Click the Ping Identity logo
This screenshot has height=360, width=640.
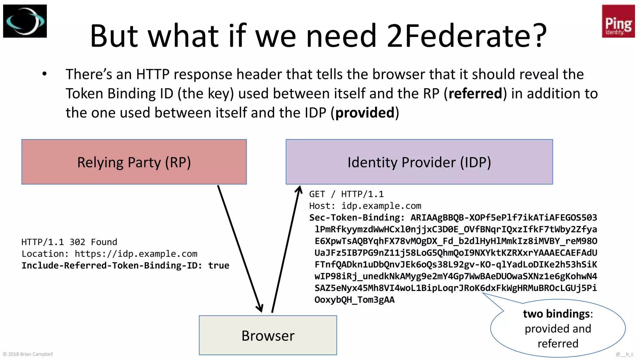click(x=618, y=21)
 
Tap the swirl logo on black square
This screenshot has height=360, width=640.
click(x=25, y=21)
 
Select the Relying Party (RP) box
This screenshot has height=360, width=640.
click(x=134, y=162)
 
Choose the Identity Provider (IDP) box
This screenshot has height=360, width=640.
click(x=419, y=162)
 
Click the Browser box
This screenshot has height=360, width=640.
click(x=268, y=335)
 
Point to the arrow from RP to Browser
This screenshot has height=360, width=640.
click(x=240, y=248)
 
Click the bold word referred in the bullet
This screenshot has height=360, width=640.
click(x=475, y=93)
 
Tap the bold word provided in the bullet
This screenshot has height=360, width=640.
click(x=365, y=113)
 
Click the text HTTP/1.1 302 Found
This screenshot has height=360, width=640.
click(x=69, y=242)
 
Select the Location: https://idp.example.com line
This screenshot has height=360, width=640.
click(x=109, y=254)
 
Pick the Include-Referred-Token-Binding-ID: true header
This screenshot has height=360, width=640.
click(x=125, y=266)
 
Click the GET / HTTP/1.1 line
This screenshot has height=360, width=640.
click(x=346, y=194)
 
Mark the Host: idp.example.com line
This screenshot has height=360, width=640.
click(x=365, y=206)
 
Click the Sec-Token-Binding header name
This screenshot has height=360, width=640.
click(x=355, y=218)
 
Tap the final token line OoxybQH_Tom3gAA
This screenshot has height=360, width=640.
click(x=354, y=300)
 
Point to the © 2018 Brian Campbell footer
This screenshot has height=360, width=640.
click(x=28, y=354)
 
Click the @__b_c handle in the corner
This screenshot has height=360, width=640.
click(x=624, y=354)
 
